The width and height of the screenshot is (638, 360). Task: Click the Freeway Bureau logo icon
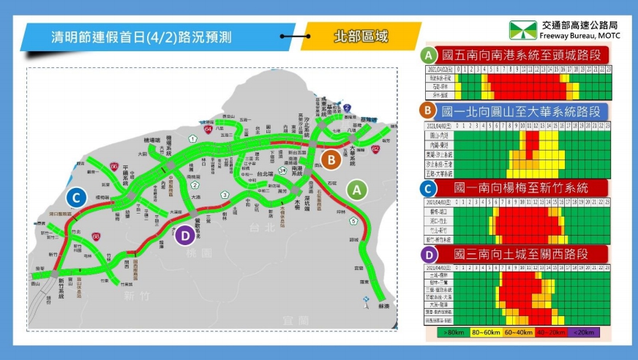(523, 29)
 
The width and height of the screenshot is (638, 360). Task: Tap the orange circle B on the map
(331, 158)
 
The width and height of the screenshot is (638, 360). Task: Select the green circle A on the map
(356, 190)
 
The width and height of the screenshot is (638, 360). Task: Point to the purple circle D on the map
(186, 235)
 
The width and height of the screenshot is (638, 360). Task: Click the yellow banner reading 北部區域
(360, 36)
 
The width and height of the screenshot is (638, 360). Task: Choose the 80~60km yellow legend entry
(484, 332)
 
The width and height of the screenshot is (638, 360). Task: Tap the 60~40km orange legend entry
(519, 332)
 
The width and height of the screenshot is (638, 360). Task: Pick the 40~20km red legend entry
(553, 332)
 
